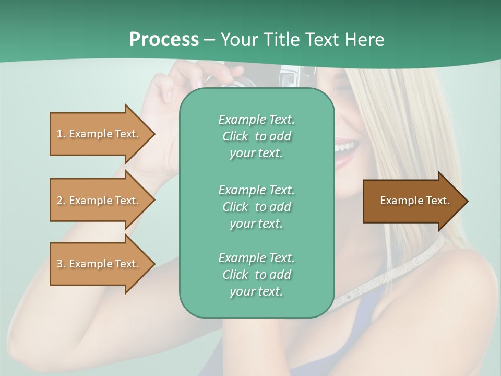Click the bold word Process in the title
coord(164,40)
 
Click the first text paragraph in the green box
coord(256,136)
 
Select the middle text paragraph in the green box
coord(256,206)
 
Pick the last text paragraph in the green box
coord(256,275)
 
